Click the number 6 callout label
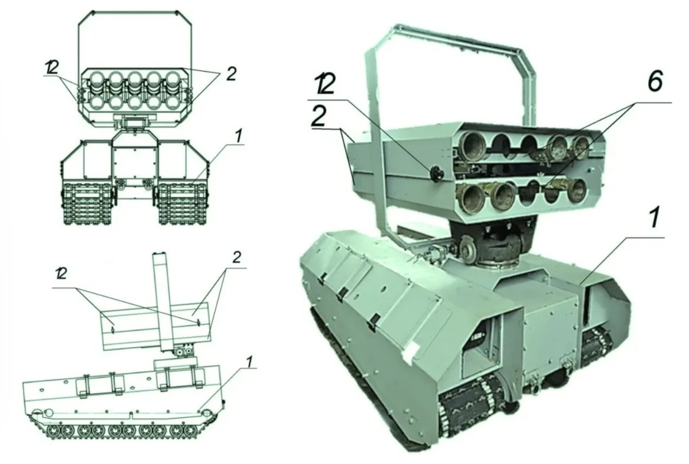655,80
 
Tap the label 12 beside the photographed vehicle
324,84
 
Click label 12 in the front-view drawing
51,67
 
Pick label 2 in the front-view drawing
231,74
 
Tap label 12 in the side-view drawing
61,274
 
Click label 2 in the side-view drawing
236,258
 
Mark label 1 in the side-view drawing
250,363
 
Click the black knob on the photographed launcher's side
436,174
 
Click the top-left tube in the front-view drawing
96,78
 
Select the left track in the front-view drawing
87,204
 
